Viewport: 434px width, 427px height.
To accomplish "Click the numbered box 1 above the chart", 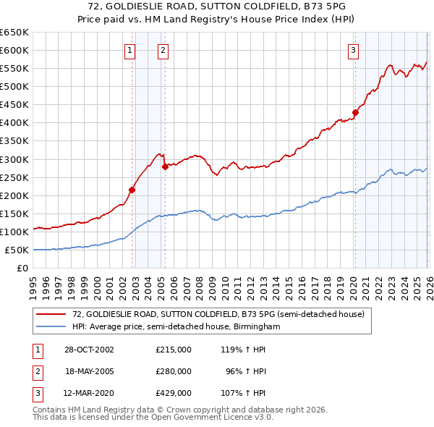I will coord(129,50).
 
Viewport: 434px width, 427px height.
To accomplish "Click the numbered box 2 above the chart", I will coord(163,50).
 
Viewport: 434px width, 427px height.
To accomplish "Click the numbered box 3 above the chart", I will coord(353,50).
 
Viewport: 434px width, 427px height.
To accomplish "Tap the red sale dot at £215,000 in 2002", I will coord(132,190).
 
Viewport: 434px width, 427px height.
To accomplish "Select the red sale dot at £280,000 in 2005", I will coord(165,166).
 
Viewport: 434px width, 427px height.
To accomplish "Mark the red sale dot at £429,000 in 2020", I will coord(355,112).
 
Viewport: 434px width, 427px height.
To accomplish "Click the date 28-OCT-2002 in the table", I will coord(89,350).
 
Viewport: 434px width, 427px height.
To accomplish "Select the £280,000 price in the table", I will coord(173,371).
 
